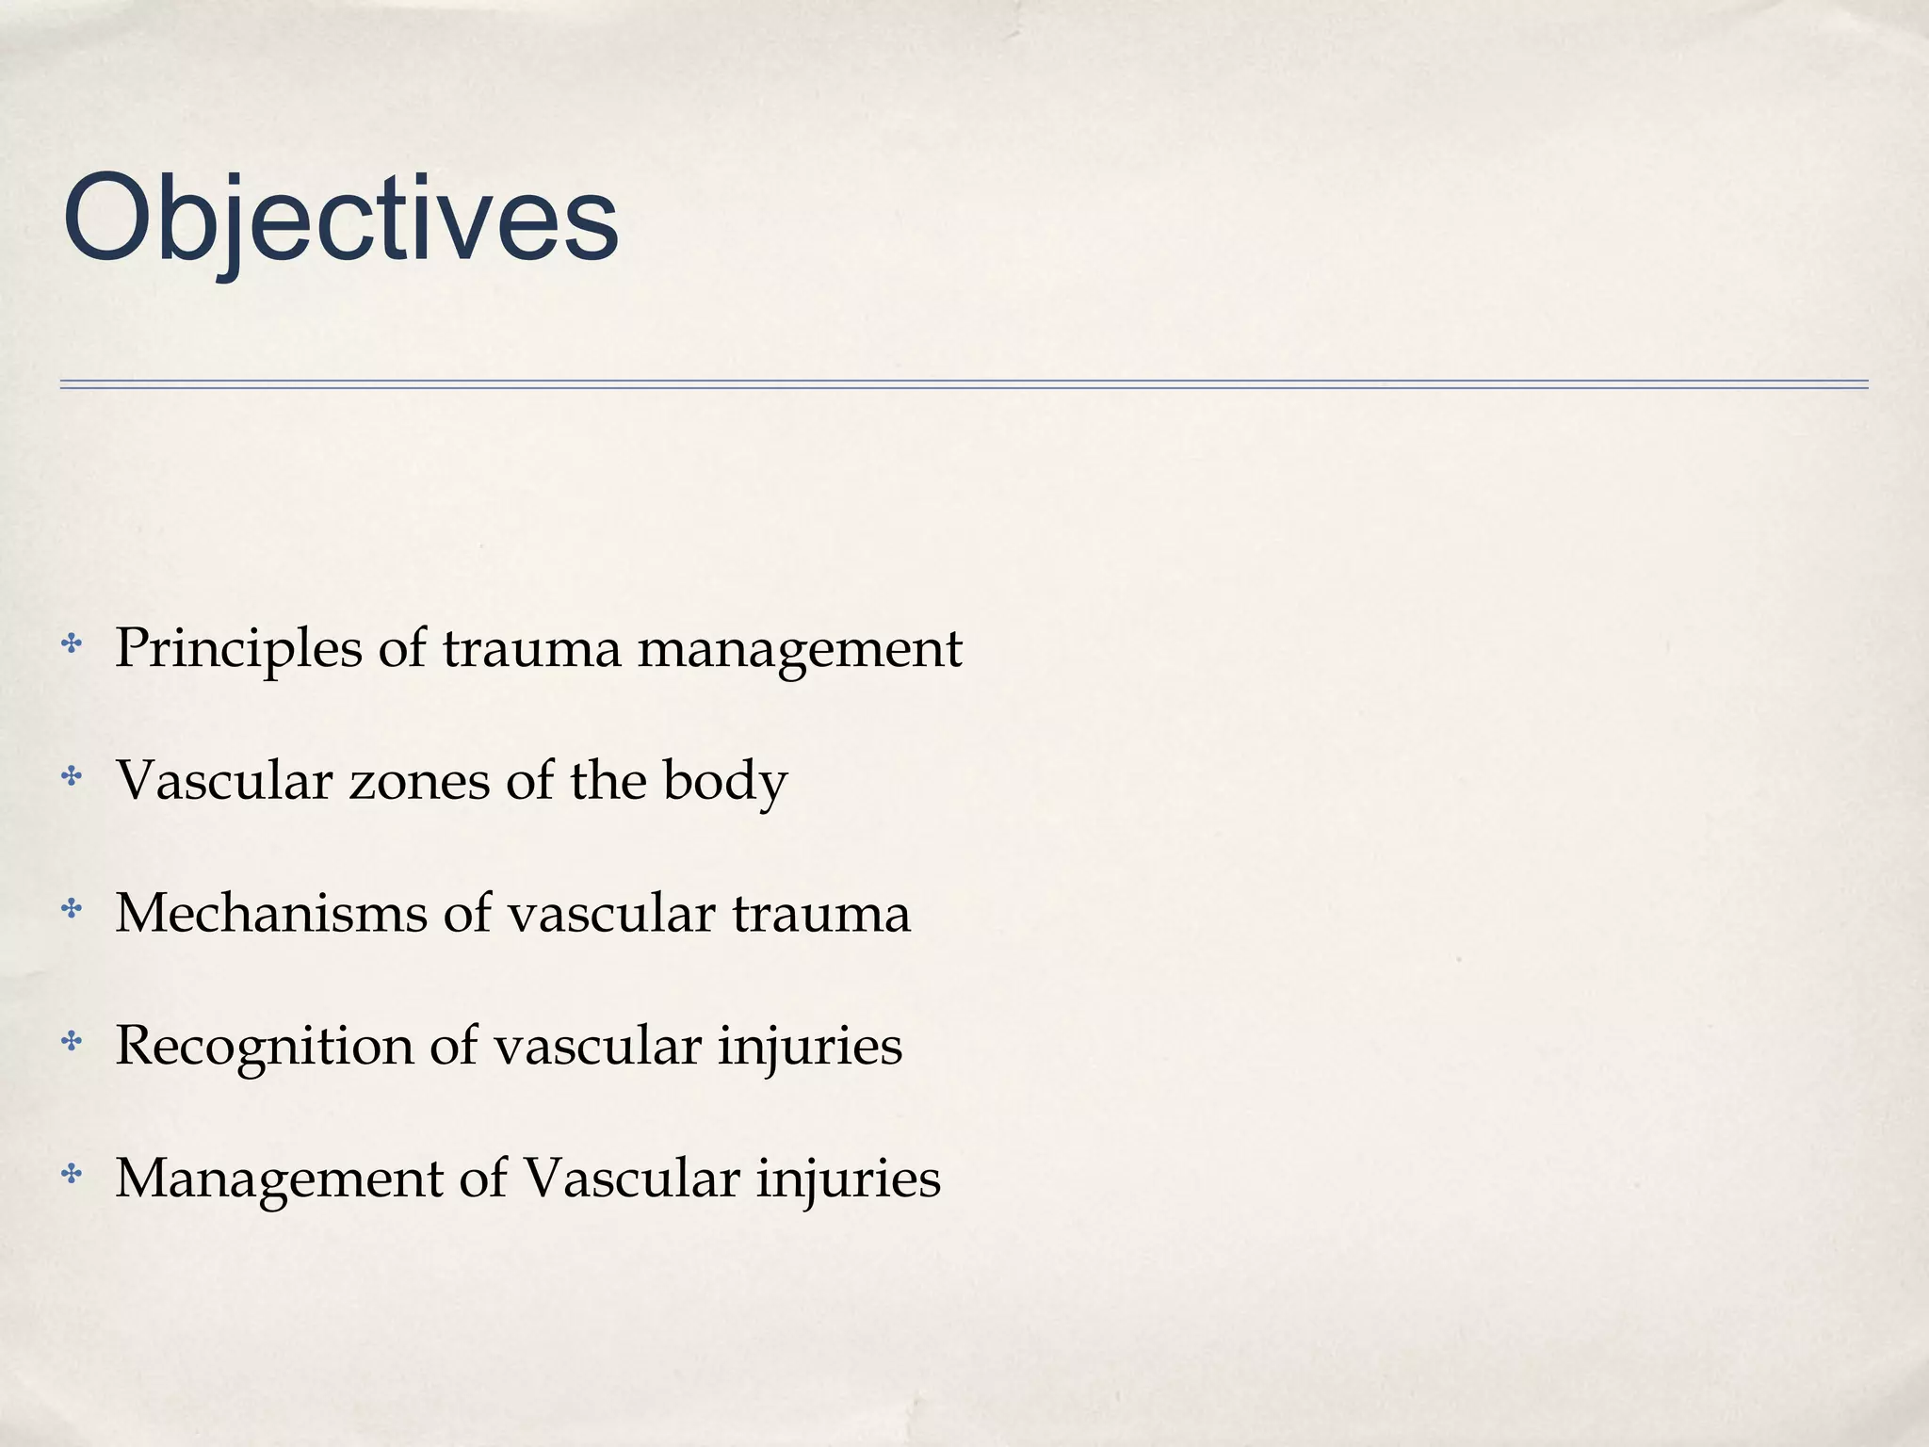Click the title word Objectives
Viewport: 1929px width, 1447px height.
[340, 220]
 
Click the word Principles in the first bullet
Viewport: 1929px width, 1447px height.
[238, 649]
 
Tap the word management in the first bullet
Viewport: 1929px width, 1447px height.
[800, 649]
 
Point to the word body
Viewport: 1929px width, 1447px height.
[724, 781]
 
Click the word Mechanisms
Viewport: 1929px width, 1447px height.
[270, 914]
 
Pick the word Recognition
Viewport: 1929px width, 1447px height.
[264, 1046]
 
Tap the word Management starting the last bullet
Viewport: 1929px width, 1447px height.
[279, 1179]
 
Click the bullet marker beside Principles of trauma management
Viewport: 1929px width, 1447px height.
[71, 645]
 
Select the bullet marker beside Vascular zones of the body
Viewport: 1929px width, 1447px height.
[71, 777]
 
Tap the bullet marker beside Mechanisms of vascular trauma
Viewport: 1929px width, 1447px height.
[71, 910]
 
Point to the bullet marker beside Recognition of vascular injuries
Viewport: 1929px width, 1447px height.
[71, 1042]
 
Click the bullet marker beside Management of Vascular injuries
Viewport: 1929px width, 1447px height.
[71, 1175]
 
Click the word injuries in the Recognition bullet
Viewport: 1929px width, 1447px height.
[809, 1046]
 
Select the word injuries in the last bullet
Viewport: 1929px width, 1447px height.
[848, 1179]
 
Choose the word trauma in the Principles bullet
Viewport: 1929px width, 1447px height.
[531, 649]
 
